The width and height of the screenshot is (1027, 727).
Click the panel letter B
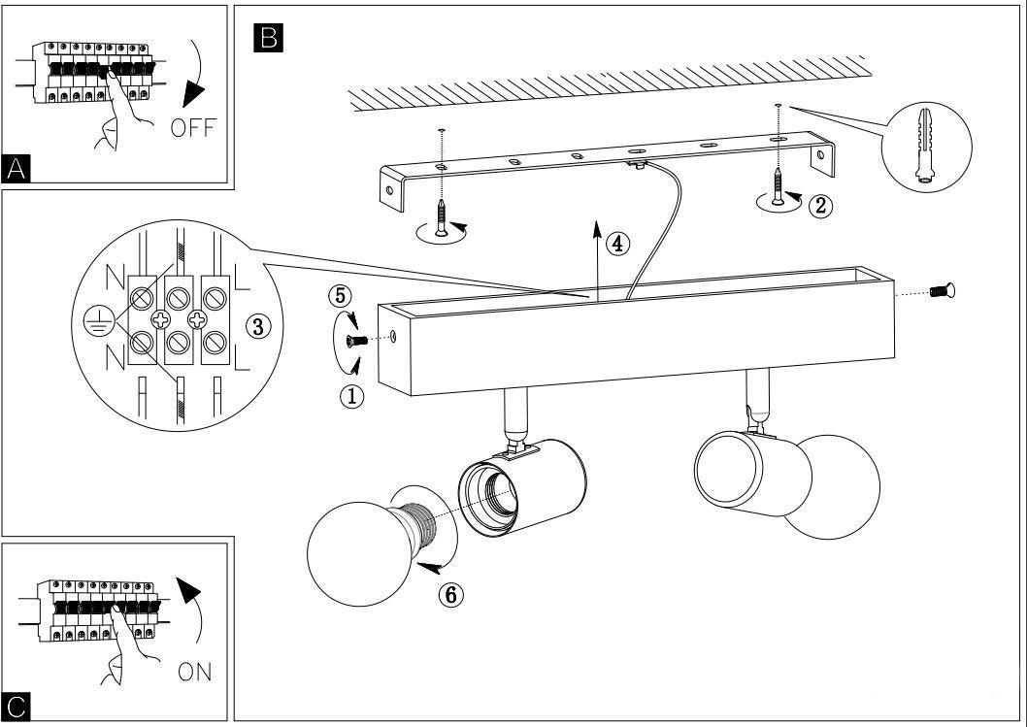(x=265, y=38)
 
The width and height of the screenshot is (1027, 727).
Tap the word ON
(x=194, y=671)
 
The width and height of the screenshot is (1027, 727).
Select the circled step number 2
(x=821, y=206)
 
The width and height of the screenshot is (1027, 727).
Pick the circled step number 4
(x=616, y=244)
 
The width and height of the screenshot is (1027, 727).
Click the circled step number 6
(x=448, y=594)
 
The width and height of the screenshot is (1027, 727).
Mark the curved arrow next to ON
(x=197, y=611)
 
